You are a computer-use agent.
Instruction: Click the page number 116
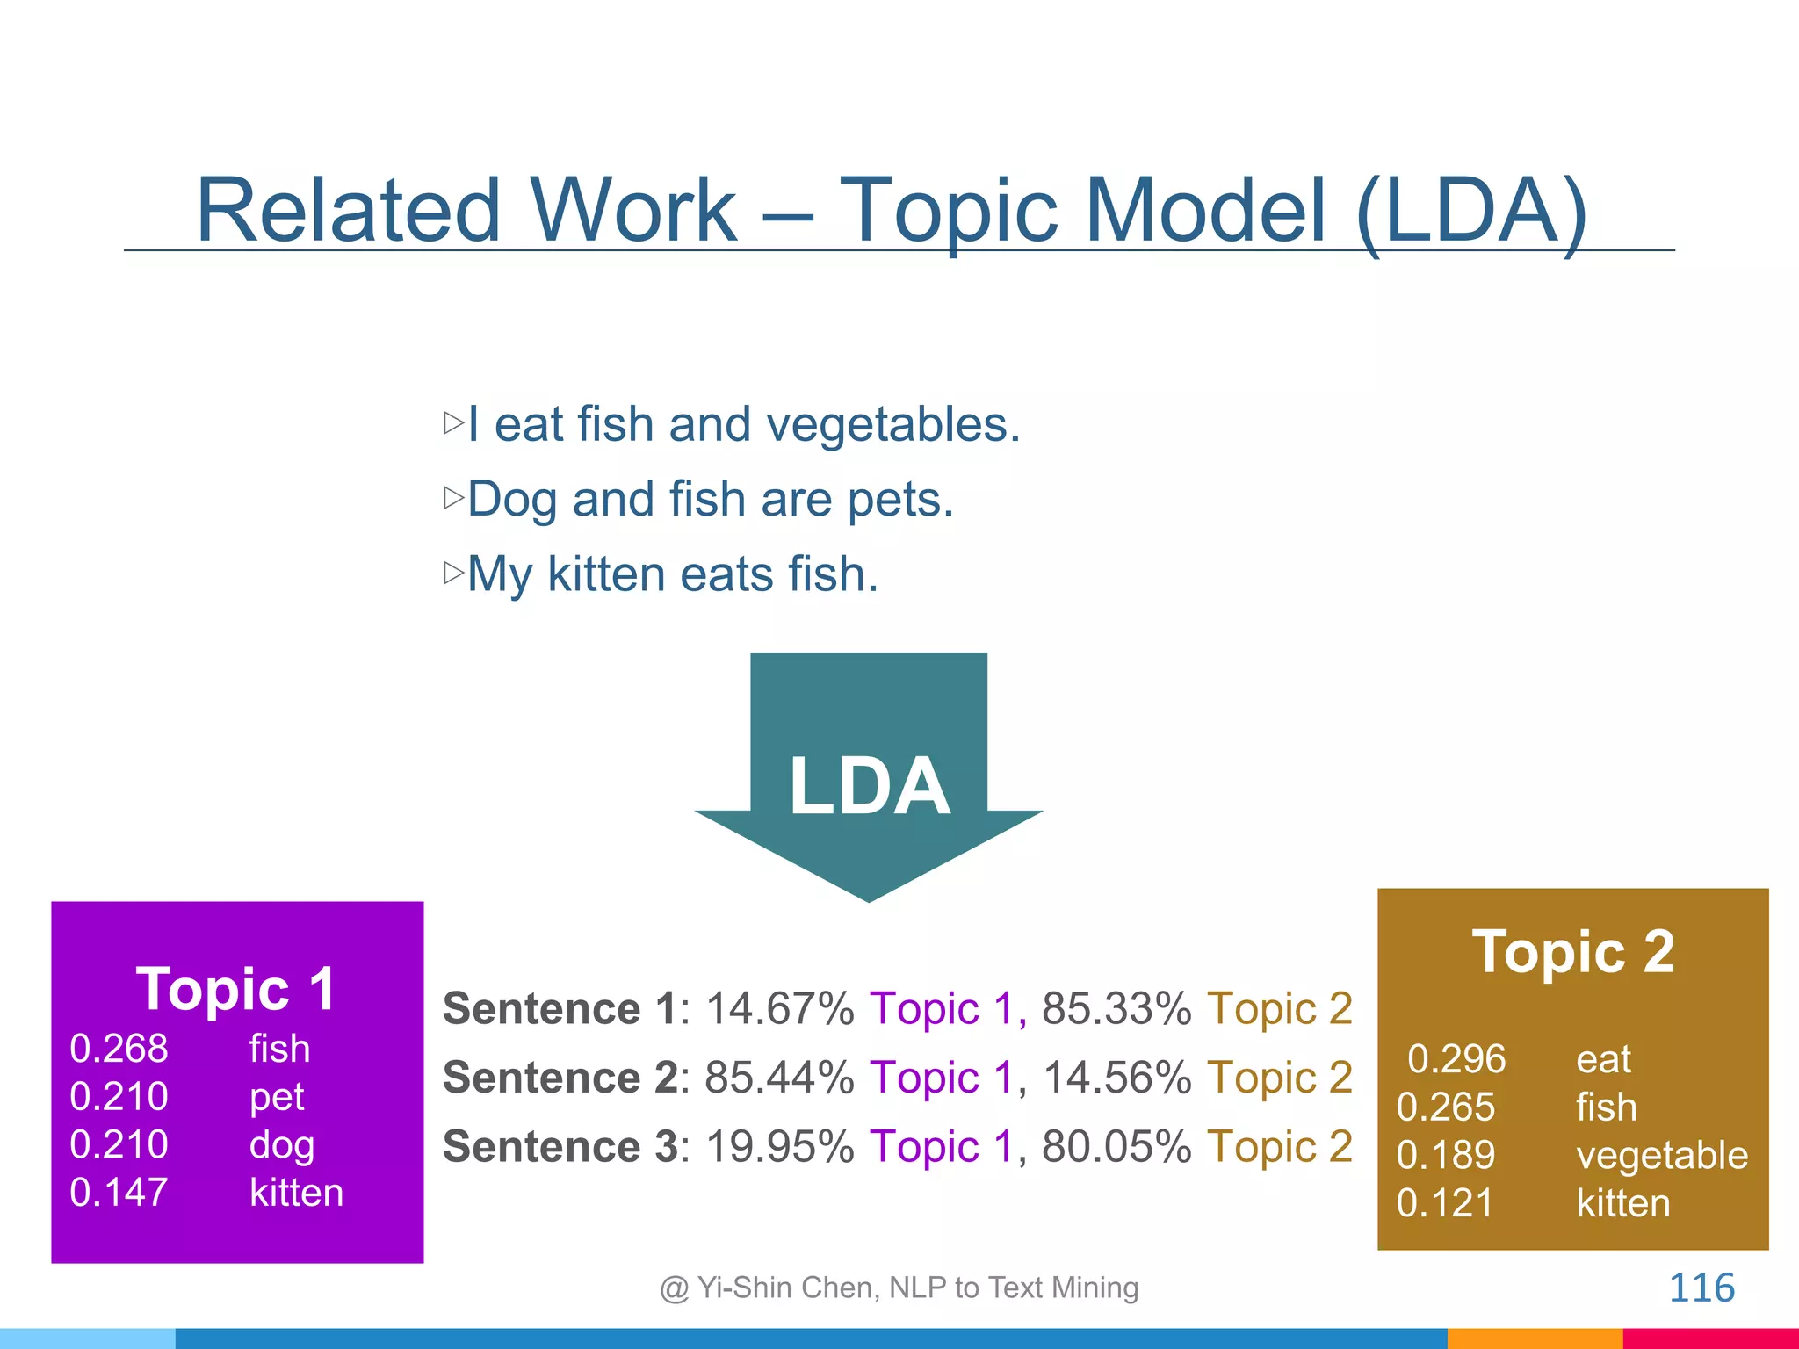[1701, 1288]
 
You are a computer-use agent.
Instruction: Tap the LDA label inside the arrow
[869, 786]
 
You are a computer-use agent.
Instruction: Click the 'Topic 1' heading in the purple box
[236, 989]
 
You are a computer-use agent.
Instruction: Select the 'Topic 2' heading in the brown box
[1573, 952]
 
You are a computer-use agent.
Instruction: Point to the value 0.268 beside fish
[119, 1049]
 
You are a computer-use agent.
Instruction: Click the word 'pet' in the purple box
[277, 1097]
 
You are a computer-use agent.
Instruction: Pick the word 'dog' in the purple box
[282, 1145]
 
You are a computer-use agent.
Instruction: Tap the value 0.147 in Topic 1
[119, 1193]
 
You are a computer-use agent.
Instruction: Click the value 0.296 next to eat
[1456, 1059]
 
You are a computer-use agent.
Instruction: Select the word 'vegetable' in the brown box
[1662, 1156]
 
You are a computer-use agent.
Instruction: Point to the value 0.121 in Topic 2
[1445, 1203]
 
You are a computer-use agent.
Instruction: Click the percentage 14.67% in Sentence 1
[780, 1008]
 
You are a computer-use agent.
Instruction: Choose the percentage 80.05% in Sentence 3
[1116, 1147]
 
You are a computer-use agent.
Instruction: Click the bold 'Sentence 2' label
[560, 1078]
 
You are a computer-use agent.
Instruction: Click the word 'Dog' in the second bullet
[512, 500]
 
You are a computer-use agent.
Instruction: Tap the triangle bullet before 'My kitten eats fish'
[453, 574]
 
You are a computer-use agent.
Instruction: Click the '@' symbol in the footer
[674, 1289]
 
